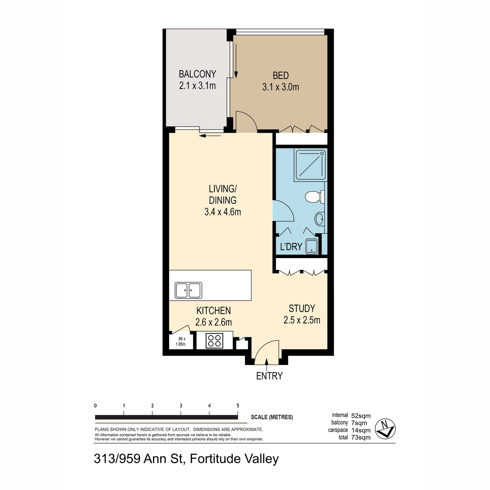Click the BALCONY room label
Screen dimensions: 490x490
click(x=197, y=74)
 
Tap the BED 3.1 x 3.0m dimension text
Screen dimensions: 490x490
click(x=281, y=87)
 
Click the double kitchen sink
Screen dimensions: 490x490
click(x=188, y=290)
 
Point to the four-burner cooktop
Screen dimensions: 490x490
click(x=214, y=341)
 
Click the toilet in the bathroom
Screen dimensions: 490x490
click(x=313, y=197)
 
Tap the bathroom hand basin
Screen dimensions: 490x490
click(x=319, y=219)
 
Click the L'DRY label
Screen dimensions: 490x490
click(x=291, y=247)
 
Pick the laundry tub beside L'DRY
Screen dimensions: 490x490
click(x=311, y=246)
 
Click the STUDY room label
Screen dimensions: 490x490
click(x=302, y=308)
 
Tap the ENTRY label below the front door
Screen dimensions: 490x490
click(x=269, y=376)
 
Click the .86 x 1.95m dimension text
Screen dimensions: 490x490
click(x=180, y=341)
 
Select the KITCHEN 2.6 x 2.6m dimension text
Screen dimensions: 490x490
click(x=214, y=322)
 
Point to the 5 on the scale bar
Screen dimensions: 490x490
click(x=238, y=406)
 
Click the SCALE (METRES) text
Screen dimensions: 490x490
click(x=272, y=417)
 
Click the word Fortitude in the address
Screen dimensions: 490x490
click(x=216, y=459)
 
